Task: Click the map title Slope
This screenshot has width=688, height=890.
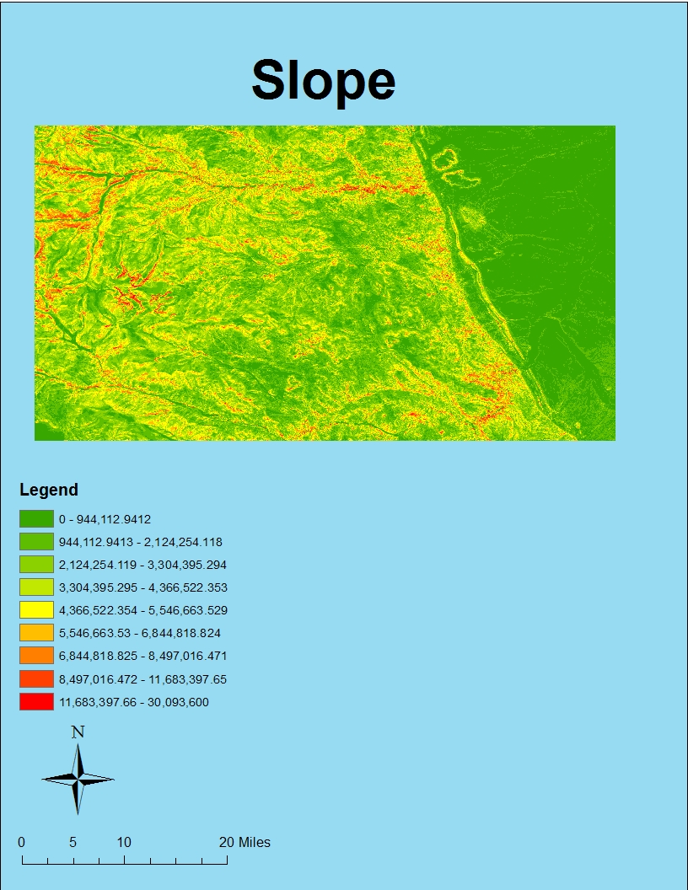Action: coord(323,81)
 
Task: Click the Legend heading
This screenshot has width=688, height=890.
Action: coord(49,490)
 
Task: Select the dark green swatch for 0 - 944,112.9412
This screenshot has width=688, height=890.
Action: coord(36,519)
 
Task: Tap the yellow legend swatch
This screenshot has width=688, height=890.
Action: coord(36,610)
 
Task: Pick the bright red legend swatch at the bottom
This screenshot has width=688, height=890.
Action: coord(36,701)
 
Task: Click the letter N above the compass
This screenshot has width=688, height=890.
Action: coord(78,732)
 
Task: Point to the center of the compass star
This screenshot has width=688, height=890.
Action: coord(78,780)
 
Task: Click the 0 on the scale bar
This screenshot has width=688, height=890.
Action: coord(21,842)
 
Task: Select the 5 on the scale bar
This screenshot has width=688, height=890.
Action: coord(73,842)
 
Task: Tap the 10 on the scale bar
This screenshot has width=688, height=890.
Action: coord(124,842)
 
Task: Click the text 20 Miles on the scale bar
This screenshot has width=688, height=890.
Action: coord(245,842)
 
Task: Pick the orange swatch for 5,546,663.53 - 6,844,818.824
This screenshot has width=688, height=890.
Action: coord(36,633)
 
